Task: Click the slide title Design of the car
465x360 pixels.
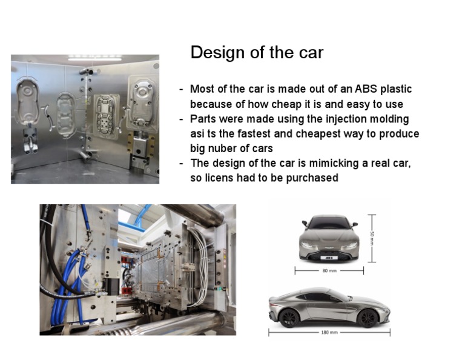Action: point(257,53)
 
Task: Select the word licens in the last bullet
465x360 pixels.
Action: point(218,178)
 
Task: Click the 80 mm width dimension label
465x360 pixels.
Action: point(329,271)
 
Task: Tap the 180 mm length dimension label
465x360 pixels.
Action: point(329,333)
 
